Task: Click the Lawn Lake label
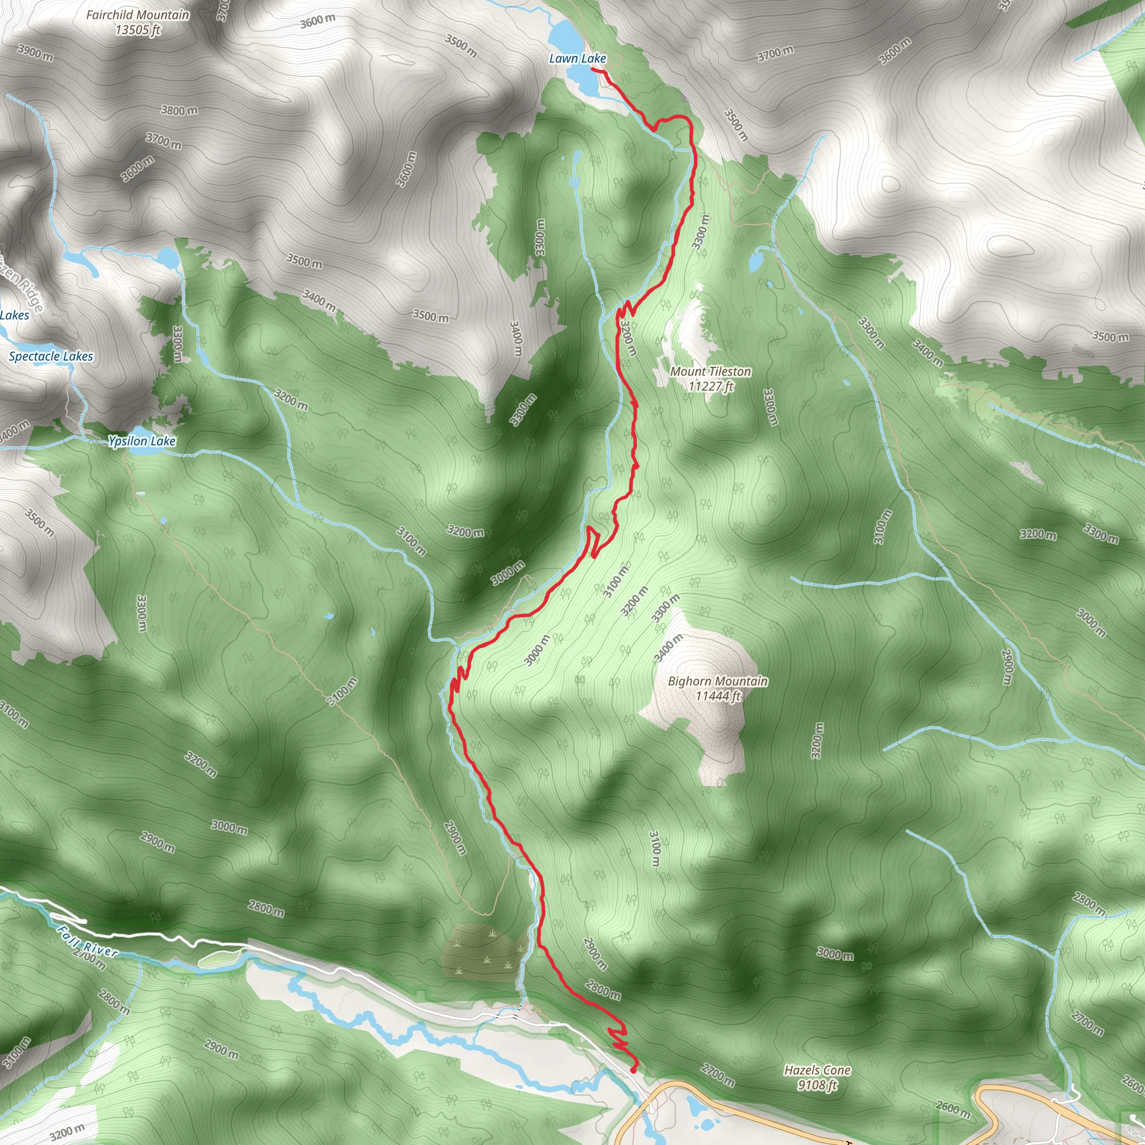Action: tap(577, 58)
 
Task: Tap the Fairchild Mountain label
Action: tap(138, 15)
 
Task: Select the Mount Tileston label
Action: tap(711, 372)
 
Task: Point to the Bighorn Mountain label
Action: tap(718, 681)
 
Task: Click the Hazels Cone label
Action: tap(817, 1070)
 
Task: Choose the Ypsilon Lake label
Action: tap(141, 441)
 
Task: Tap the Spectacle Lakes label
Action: tap(51, 356)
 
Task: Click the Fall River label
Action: tap(88, 941)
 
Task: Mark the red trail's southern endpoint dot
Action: tap(633, 1070)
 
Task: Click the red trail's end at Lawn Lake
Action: tap(593, 70)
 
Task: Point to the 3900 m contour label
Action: tap(36, 53)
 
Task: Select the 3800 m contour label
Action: tap(179, 110)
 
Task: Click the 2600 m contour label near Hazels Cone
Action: tap(953, 1109)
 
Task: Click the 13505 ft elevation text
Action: tap(138, 30)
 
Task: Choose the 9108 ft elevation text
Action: tap(817, 1085)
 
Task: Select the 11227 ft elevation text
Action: tap(711, 386)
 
